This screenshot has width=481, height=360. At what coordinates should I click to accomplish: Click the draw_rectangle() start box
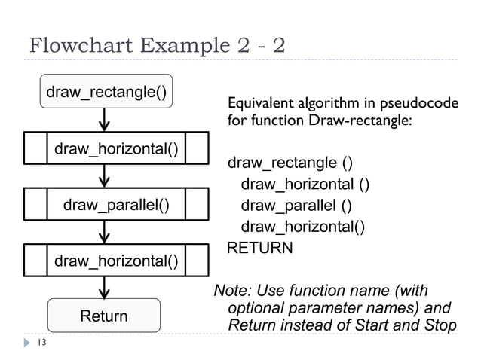[x=106, y=92]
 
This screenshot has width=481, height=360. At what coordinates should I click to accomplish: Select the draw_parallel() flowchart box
[x=115, y=204]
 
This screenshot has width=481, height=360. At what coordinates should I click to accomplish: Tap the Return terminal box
[x=104, y=316]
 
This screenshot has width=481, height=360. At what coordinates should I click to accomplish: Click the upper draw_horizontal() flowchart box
[x=115, y=148]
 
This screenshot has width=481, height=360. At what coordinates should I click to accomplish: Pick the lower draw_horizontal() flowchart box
[x=115, y=261]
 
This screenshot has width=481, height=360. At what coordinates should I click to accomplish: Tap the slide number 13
[x=41, y=343]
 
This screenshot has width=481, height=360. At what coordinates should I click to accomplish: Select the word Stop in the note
[x=440, y=326]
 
